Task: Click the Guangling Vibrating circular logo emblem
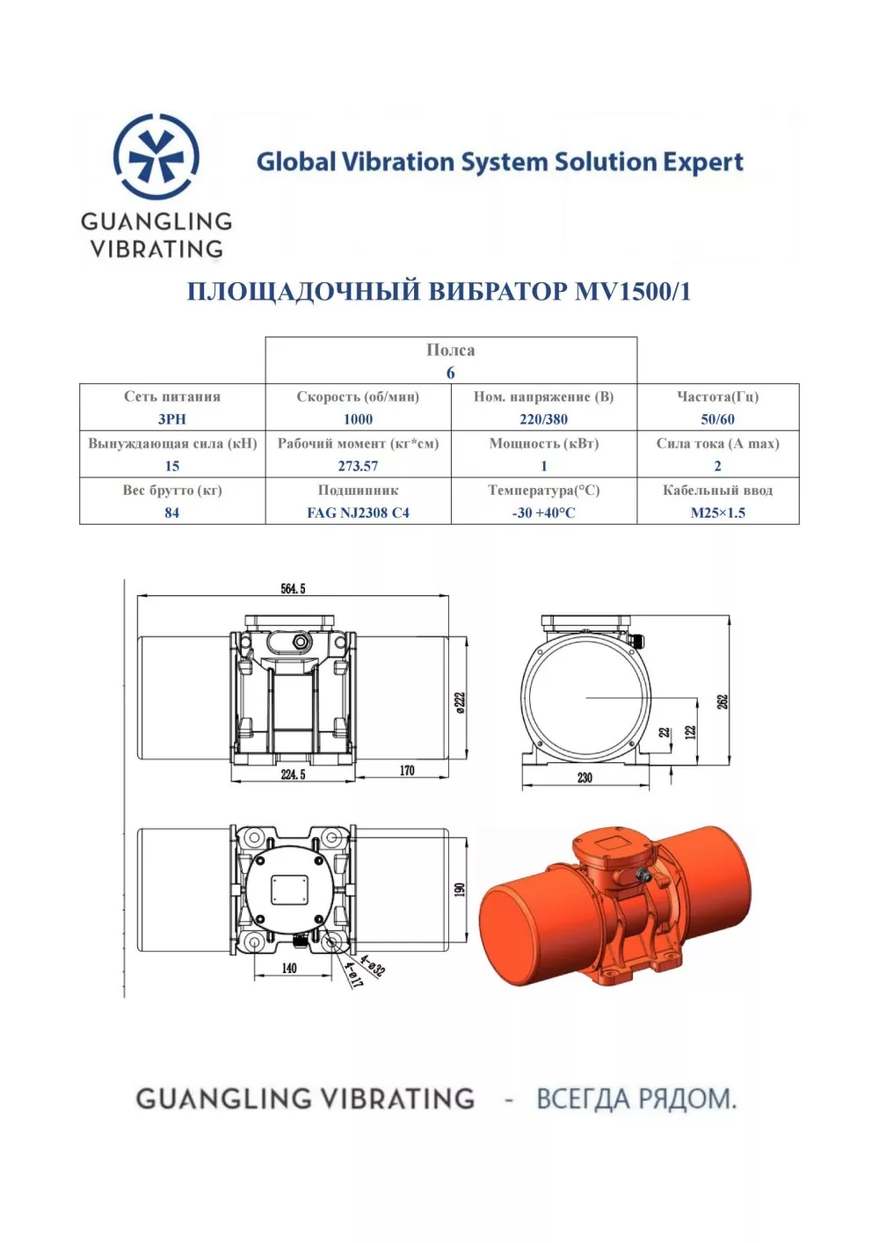click(x=156, y=156)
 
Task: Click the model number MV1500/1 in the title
click(x=633, y=292)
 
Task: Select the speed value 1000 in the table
click(x=358, y=419)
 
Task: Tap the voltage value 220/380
click(x=543, y=419)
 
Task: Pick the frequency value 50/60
click(x=717, y=419)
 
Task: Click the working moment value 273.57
click(x=358, y=466)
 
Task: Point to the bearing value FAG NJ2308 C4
click(x=358, y=512)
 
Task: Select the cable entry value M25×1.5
click(x=717, y=512)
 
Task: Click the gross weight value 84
click(x=172, y=512)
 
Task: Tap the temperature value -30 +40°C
click(x=543, y=512)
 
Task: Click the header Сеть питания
click(x=172, y=396)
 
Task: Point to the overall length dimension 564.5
click(x=293, y=589)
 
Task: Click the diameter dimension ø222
click(x=460, y=702)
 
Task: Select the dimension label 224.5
click(x=293, y=774)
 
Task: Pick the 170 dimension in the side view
click(x=407, y=771)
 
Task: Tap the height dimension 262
click(x=723, y=702)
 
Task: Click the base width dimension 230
click(x=585, y=777)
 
